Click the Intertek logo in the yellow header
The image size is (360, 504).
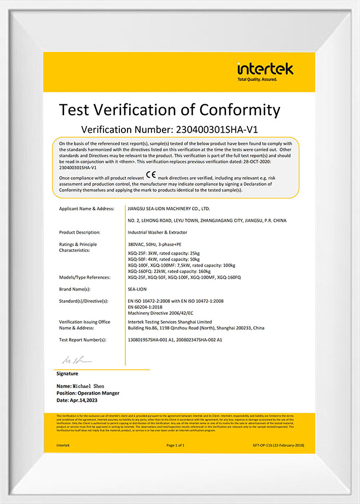point(265,72)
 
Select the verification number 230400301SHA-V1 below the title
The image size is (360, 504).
point(216,130)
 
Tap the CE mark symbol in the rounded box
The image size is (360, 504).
point(150,177)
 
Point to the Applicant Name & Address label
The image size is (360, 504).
point(86,209)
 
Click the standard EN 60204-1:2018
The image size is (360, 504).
point(147,307)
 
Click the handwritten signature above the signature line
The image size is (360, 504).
point(74,360)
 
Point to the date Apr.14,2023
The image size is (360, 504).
point(82,400)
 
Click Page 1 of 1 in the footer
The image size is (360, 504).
point(176,446)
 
